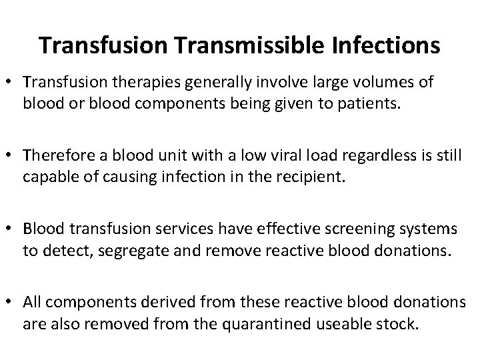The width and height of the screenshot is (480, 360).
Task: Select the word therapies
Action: coord(147,82)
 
